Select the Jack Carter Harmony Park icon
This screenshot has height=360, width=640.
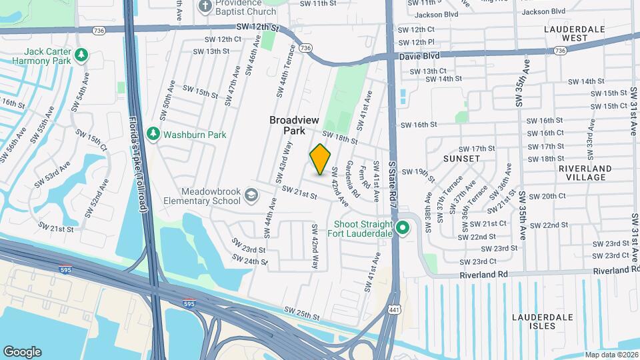point(81,55)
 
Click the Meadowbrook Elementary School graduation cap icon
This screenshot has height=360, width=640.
point(251,195)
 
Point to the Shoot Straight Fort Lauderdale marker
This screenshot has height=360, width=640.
point(403,229)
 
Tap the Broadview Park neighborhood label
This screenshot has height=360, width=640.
point(294,125)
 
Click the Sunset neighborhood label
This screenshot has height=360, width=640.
point(461,159)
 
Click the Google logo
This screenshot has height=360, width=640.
point(22,351)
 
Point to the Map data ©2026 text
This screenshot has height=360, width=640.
point(611,355)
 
